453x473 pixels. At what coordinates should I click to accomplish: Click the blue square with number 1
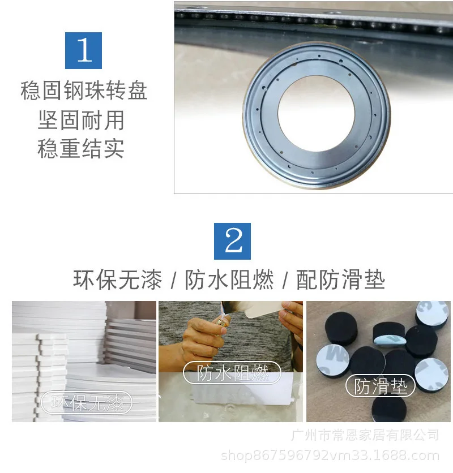pyautogui.click(x=83, y=50)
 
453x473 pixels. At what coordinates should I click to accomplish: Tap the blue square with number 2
pyautogui.click(x=232, y=241)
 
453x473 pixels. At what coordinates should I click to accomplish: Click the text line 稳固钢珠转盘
pyautogui.click(x=84, y=90)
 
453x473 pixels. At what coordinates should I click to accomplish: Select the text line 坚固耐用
pyautogui.click(x=81, y=120)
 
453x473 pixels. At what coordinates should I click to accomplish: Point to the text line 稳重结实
pyautogui.click(x=81, y=148)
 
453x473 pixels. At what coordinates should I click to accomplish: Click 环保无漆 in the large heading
pyautogui.click(x=117, y=279)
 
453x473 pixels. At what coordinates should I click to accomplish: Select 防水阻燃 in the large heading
pyautogui.click(x=229, y=279)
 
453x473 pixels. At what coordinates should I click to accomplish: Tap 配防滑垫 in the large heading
pyautogui.click(x=341, y=279)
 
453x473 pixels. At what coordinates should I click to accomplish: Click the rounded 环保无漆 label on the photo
pyautogui.click(x=87, y=402)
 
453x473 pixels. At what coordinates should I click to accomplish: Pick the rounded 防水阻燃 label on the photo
pyautogui.click(x=232, y=372)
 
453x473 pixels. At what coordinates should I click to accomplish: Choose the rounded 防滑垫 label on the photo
pyautogui.click(x=381, y=386)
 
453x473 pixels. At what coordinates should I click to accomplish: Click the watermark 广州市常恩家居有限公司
pyautogui.click(x=365, y=435)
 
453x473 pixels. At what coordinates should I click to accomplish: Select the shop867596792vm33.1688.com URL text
pyautogui.click(x=330, y=455)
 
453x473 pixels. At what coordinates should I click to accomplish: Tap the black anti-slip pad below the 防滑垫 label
pyautogui.click(x=389, y=408)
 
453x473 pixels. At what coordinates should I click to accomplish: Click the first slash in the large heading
pyautogui.click(x=173, y=281)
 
